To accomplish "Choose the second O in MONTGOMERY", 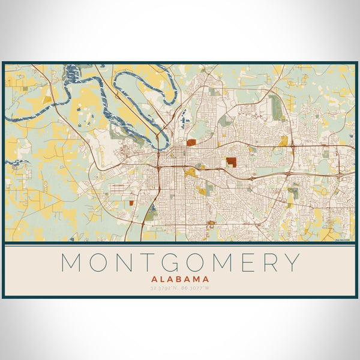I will (x=197, y=263).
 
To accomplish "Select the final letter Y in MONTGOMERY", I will (x=291, y=263).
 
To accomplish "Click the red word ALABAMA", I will (x=180, y=279).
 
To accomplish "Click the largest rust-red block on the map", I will (x=231, y=161).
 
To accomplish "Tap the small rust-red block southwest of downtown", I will (x=131, y=203).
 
